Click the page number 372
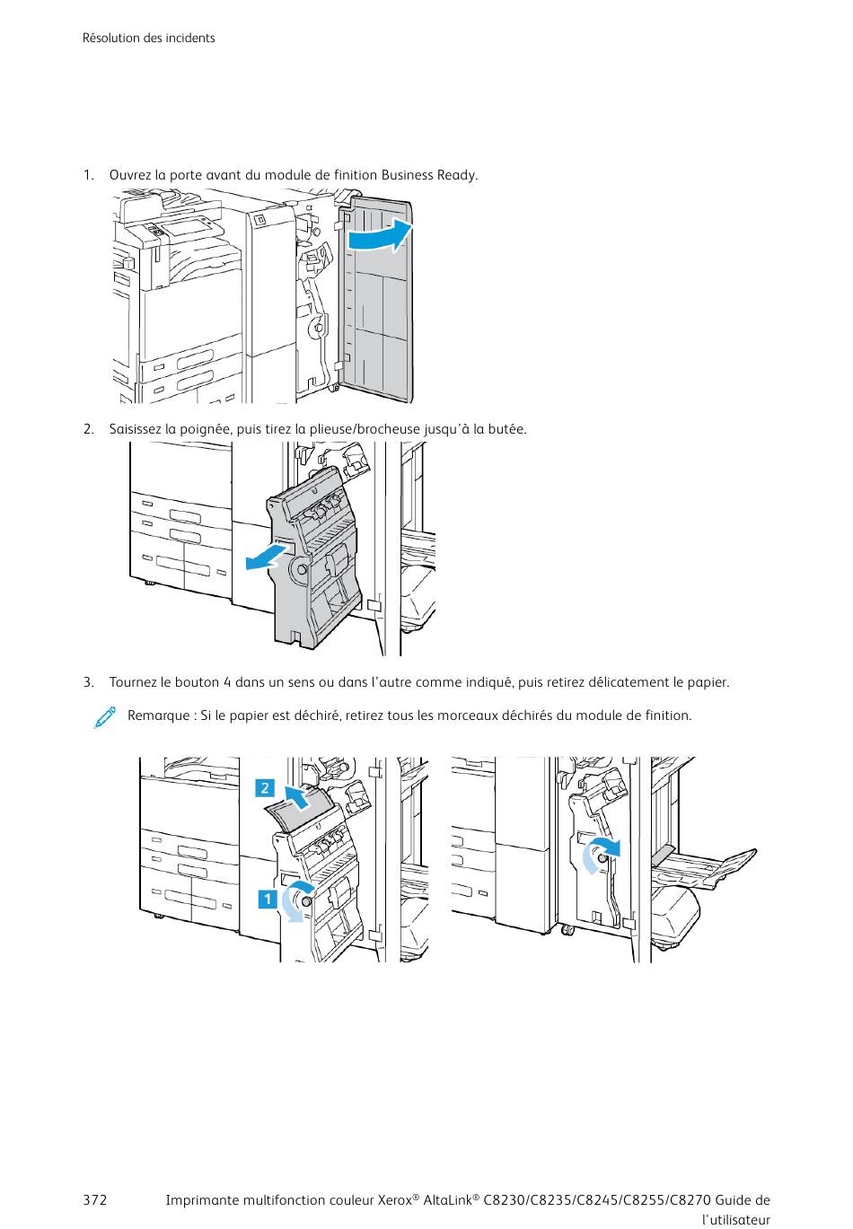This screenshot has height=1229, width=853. point(94,1200)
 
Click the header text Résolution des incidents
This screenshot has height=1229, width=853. point(148,38)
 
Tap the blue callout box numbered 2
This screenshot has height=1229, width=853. point(265,788)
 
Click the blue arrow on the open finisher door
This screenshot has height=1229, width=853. point(378,237)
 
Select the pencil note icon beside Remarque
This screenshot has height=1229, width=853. point(105,716)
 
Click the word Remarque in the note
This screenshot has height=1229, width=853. point(157,715)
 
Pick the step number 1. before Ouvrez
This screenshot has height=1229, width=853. point(89,174)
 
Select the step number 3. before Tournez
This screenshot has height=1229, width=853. point(89,682)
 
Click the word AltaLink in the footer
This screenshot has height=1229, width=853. point(451,1200)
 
